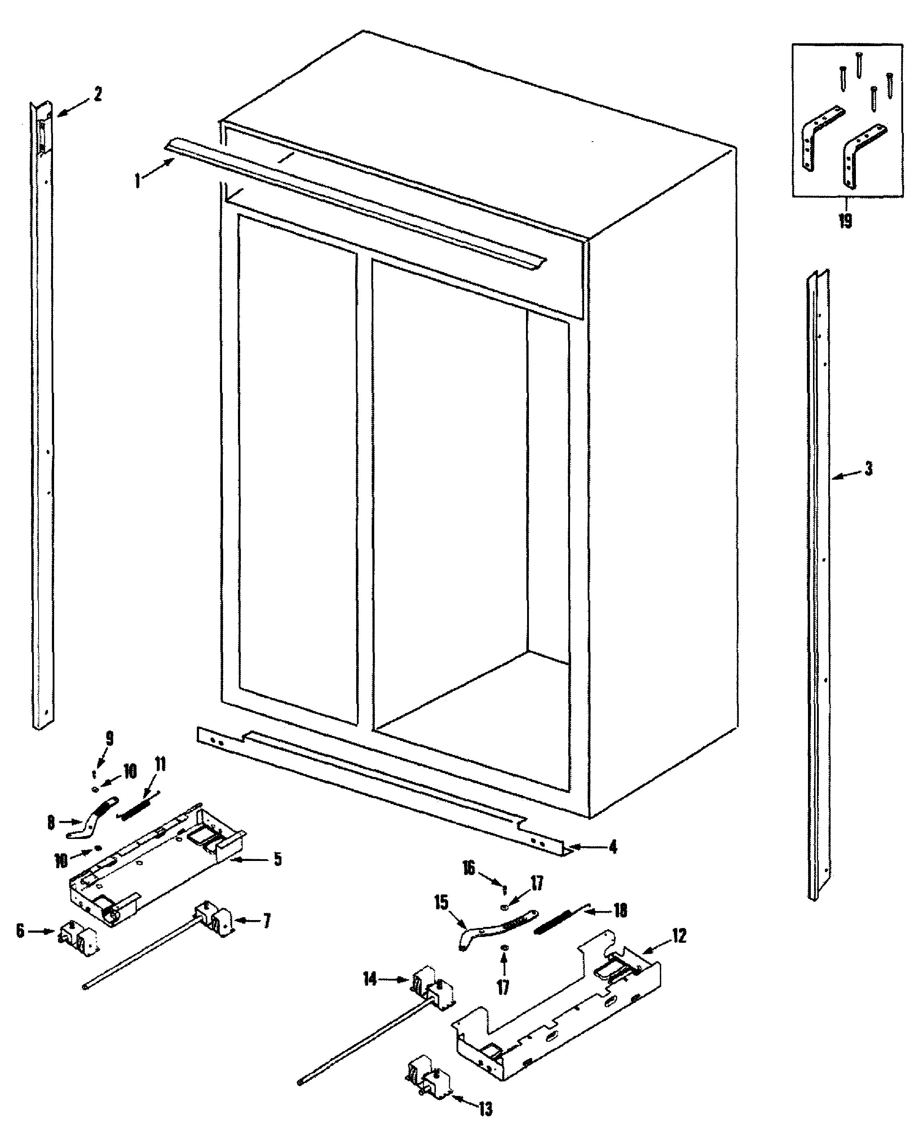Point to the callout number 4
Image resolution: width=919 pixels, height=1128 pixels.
pyautogui.click(x=613, y=847)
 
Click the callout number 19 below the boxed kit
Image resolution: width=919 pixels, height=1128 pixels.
pyautogui.click(x=845, y=221)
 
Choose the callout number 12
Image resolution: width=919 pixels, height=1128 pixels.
pyautogui.click(x=679, y=936)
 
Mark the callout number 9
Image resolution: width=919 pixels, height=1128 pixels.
pyautogui.click(x=109, y=738)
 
